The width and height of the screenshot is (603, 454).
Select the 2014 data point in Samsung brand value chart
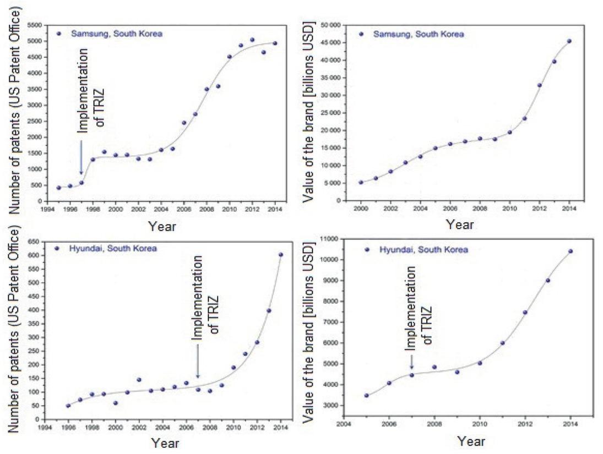[569, 41]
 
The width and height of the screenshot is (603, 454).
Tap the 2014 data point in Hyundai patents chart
[280, 255]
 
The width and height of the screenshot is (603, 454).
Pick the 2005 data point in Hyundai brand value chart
[366, 396]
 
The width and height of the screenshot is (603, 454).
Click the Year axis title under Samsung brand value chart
[459, 224]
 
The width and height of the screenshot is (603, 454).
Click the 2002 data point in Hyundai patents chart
[139, 380]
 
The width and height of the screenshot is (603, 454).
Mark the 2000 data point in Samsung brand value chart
[361, 183]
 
